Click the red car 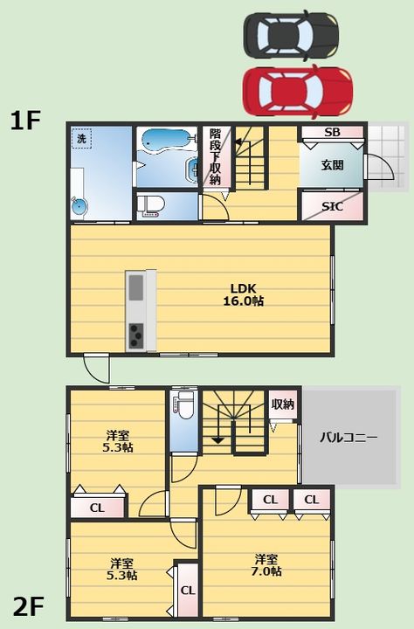297,92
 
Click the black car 291,35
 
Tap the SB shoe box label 332,132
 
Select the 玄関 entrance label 332,165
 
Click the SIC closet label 332,206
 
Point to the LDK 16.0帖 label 243,294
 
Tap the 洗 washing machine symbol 81,138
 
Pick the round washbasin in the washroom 79,206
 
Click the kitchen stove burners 136,335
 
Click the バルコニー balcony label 348,437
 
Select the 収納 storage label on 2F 283,404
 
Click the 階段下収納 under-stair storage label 216,156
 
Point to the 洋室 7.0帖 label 266,565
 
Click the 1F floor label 25,121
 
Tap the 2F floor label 28,606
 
